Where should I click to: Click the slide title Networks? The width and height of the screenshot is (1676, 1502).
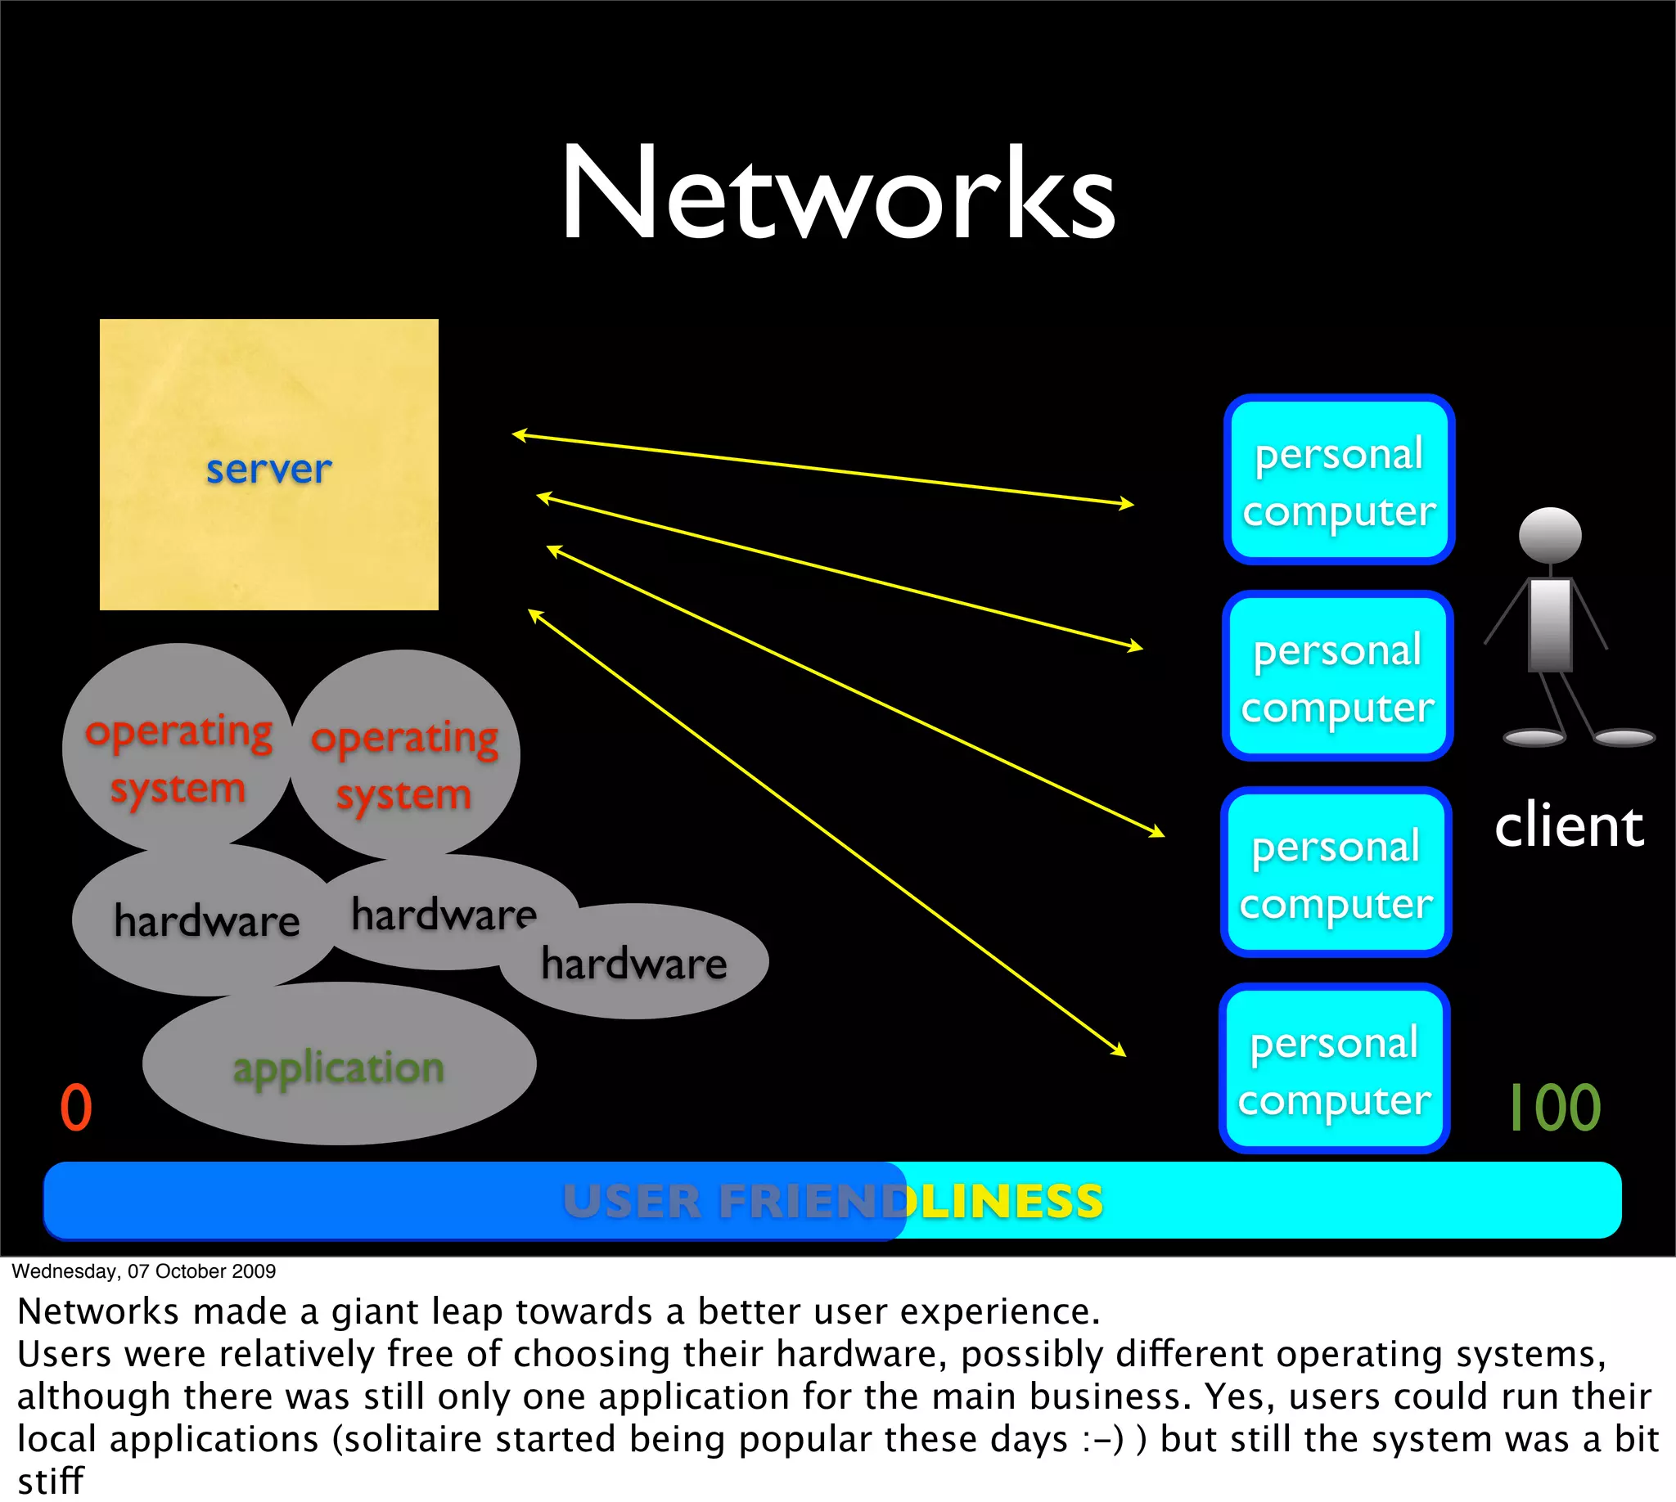838,194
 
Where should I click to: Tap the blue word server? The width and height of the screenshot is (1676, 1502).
268,470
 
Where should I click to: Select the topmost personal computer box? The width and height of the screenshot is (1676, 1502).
1338,480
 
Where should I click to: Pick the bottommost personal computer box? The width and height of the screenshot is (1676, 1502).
1334,1068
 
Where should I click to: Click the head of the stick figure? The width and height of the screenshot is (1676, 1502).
1550,535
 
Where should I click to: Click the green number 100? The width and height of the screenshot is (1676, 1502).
1555,1108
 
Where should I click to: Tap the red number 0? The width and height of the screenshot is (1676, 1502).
76,1108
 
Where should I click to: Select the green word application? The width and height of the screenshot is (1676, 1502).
339,1068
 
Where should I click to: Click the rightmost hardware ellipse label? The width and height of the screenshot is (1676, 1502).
634,964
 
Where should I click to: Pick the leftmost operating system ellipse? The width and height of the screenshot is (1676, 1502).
178,747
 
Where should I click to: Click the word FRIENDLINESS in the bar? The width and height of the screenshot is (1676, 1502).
911,1201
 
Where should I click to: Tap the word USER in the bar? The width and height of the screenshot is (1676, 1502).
632,1201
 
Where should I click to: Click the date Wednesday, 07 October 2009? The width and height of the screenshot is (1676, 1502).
144,1271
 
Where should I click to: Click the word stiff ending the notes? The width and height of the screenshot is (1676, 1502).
51,1481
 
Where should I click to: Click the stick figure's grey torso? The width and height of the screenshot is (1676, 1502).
1550,623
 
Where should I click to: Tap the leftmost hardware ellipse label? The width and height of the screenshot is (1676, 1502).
206,920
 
